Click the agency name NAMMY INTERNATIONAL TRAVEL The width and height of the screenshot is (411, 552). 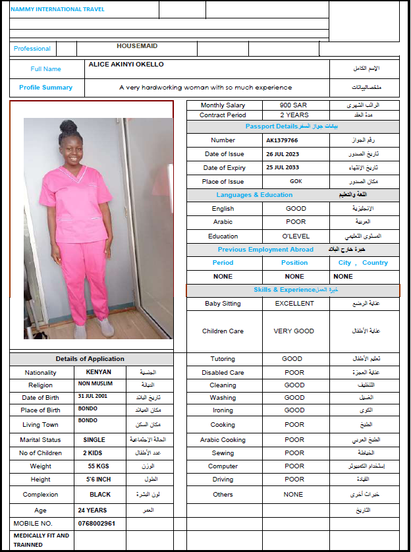57,9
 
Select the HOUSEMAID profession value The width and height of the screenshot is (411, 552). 137,46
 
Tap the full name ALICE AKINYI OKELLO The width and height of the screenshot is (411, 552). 126,65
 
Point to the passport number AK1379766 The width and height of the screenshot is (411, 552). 282,140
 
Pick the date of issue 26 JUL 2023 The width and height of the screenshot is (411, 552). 283,154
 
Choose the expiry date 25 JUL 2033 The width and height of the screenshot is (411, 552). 283,168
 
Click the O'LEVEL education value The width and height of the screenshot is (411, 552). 295,236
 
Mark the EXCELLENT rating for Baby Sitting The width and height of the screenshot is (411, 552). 295,304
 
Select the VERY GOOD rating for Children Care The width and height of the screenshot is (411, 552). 294,331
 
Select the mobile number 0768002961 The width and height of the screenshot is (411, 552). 97,524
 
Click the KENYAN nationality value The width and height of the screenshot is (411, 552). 98,372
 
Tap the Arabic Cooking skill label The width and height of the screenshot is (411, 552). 223,440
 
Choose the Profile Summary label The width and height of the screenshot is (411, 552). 45,87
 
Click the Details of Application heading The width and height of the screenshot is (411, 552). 90,359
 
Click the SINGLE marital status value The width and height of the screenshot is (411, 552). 94,440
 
